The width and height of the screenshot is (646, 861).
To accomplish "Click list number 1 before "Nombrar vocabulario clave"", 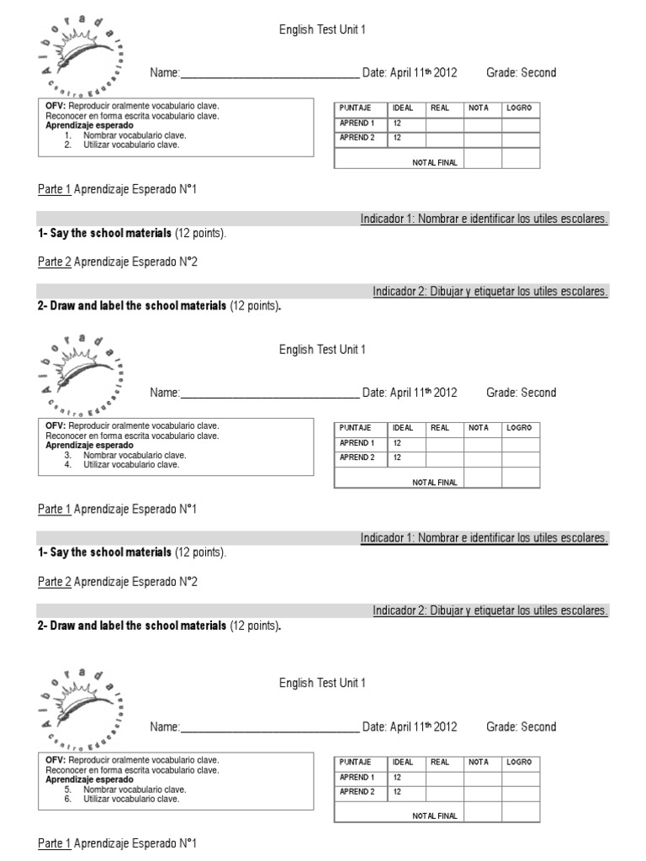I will pos(67,135).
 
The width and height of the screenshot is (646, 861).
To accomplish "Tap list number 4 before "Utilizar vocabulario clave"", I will pos(67,465).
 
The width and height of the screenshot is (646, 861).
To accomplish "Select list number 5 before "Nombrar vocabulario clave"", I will pos(67,790).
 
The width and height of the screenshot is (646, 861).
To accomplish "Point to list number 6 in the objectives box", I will pos(67,799).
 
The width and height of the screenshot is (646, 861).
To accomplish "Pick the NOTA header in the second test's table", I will pos(479,428).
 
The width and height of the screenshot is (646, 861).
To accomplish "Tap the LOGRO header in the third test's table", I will pos(519,762).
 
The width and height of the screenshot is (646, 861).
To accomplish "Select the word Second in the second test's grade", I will pos(538,393).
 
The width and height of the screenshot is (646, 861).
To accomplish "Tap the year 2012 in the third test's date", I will pos(445,727).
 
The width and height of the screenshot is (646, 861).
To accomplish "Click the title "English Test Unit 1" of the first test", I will pos(322,30).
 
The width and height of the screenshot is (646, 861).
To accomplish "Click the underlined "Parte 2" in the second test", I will pos(55,582).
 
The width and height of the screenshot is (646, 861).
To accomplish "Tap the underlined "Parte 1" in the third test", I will pos(55,843).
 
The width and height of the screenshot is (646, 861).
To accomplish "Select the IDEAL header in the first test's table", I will pos(403,108).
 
